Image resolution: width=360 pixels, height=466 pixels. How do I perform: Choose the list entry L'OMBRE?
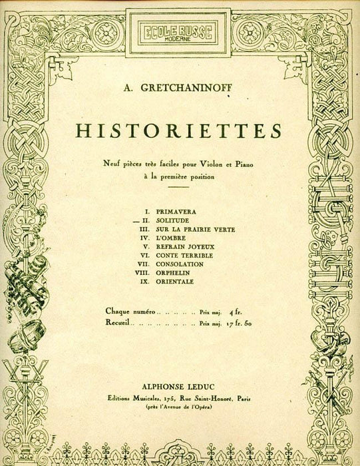click(154, 237)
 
